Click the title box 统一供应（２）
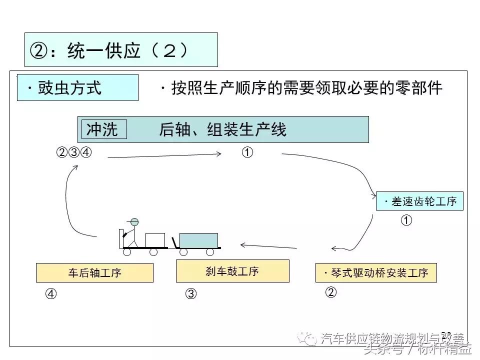121,50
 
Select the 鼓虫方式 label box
77,88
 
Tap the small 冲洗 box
102,129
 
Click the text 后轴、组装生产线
222,130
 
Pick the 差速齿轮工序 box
420,201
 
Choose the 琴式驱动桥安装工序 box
376,273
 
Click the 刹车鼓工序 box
232,271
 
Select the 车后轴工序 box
94,273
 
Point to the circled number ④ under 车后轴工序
51,294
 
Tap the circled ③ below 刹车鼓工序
191,294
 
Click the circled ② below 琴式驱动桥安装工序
330,292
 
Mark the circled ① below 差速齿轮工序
407,220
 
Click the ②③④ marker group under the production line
74,152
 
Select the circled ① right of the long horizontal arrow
247,152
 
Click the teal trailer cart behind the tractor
198,240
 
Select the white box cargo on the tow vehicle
155,240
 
